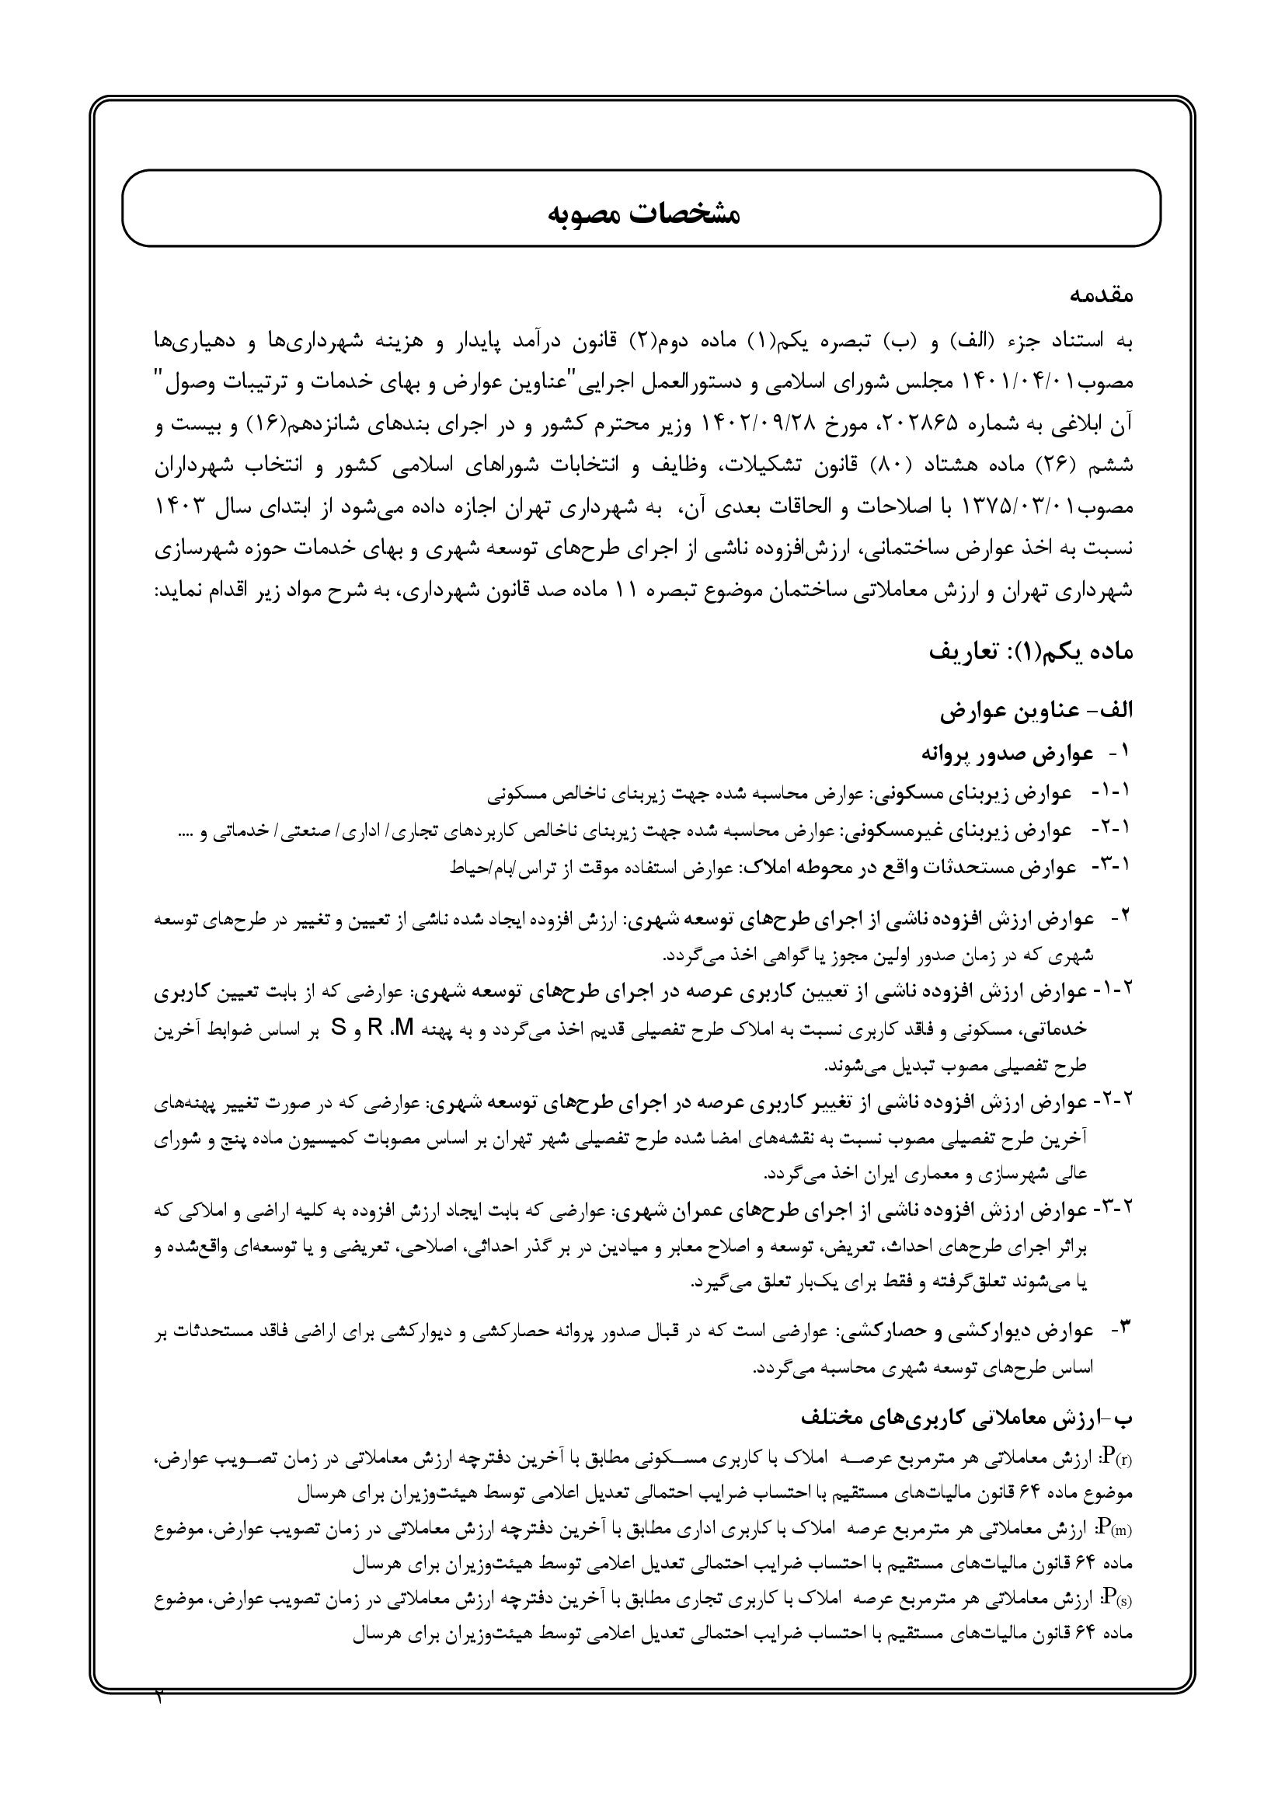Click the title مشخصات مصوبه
pyautogui.click(x=642, y=214)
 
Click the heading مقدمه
pyautogui.click(x=1101, y=296)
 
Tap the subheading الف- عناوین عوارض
pyautogui.click(x=1036, y=711)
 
